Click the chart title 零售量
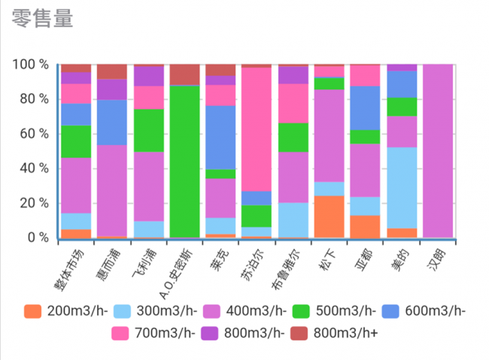(43, 19)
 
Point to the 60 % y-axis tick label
(34, 134)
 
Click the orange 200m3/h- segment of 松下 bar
(329, 216)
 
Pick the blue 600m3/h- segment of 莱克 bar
(220, 137)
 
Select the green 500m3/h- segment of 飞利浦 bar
(148, 130)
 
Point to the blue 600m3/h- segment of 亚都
(365, 107)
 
